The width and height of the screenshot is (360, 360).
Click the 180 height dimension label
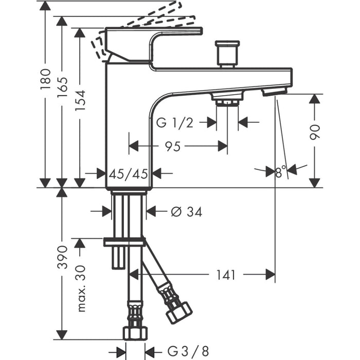45,79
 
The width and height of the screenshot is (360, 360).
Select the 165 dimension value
62,87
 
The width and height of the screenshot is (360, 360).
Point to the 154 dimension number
80,100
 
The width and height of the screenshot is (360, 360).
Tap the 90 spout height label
315,132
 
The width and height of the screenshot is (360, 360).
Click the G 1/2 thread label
175,123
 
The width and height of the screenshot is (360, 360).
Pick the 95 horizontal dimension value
173,146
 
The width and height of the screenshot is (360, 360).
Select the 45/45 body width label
129,174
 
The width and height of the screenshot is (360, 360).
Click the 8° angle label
281,171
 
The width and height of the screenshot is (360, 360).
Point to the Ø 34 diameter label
186,212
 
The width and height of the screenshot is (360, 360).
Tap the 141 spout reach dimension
226,275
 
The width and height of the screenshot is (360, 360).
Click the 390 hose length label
62,257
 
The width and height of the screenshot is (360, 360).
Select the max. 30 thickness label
80,289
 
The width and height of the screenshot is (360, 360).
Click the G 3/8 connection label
188,351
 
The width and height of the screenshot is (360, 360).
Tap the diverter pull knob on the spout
227,54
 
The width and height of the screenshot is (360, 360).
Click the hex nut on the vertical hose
135,333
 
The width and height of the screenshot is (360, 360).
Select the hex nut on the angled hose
179,313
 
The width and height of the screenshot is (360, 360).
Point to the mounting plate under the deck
124,242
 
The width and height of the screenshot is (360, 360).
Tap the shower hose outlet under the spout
227,99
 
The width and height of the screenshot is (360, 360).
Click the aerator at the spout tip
275,91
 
